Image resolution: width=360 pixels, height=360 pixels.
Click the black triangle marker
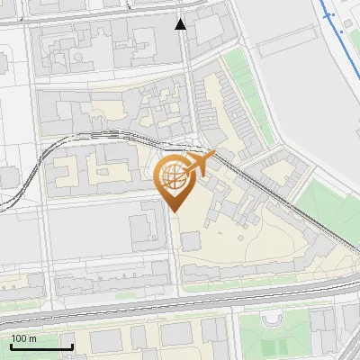(181, 24)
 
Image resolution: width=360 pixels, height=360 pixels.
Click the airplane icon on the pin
(200, 163)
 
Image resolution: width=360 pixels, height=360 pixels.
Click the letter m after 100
(32, 338)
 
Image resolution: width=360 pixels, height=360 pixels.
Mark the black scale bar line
(41, 346)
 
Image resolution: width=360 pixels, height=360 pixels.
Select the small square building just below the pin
(191, 240)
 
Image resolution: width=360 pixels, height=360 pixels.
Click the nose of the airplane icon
(214, 155)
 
